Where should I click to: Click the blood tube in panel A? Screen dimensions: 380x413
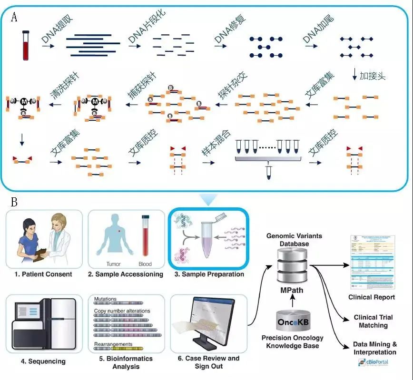(26, 46)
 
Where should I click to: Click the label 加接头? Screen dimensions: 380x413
(372, 76)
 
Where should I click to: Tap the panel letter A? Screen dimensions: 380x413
(14, 18)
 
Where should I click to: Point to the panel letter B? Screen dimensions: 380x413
(14, 203)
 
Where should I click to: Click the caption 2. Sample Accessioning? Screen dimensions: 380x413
(126, 274)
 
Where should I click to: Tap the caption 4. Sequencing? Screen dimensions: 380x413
(43, 361)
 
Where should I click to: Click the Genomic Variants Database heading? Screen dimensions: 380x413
(294, 240)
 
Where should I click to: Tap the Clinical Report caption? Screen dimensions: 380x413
(372, 297)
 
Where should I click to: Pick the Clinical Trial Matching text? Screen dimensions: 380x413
(373, 322)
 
